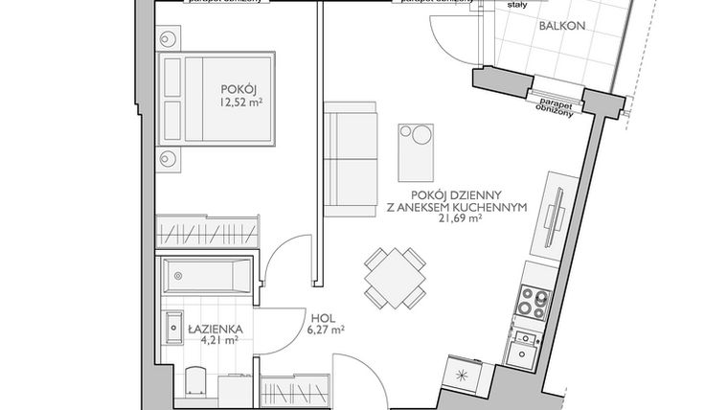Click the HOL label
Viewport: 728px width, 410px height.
(322, 321)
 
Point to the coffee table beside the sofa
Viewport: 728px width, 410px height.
(415, 148)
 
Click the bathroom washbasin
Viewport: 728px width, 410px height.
(175, 327)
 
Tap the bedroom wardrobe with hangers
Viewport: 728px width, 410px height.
(208, 229)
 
